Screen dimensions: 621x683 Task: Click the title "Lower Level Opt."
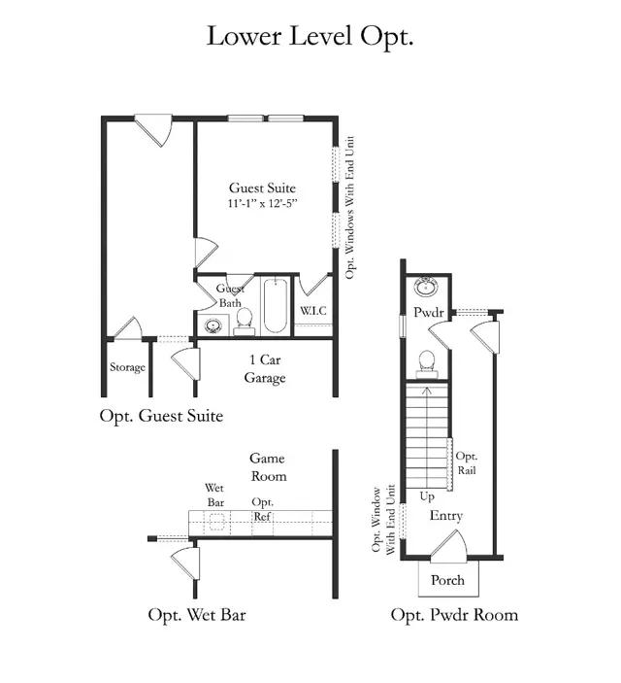coord(310,37)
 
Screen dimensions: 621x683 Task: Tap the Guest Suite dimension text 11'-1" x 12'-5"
coord(262,203)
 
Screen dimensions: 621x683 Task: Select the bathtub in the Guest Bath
coord(275,306)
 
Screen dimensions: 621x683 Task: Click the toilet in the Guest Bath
coord(245,322)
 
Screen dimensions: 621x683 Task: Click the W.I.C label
coord(312,311)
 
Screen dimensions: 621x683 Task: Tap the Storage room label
coord(127,367)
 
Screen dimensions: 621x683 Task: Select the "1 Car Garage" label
coord(265,368)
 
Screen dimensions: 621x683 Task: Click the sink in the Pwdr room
coord(426,288)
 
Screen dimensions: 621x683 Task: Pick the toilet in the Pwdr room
coord(427,364)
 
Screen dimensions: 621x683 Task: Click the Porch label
coord(447,580)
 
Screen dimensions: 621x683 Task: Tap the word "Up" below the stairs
coord(427,496)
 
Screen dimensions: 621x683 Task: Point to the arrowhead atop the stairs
coord(427,391)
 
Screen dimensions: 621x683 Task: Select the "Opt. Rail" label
coord(466,463)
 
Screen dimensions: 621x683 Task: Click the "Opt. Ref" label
coord(262,510)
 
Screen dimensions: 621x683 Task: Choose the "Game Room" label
coord(268,467)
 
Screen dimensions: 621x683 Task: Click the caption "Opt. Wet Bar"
coord(197,616)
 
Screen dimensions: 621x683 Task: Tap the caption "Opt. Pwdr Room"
coord(454,615)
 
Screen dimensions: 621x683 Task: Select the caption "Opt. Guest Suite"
coord(161,416)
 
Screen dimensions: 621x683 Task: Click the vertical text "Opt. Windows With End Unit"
coord(350,207)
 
